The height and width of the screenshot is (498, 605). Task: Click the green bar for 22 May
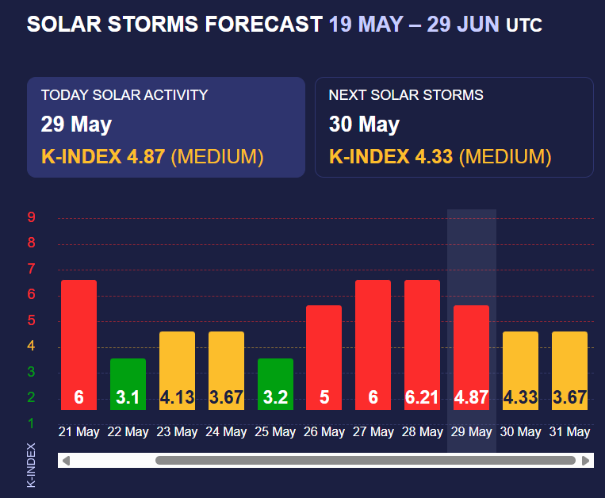click(x=128, y=384)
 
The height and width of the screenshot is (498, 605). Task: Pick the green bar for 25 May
click(x=275, y=384)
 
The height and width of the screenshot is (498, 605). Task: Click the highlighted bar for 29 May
click(x=471, y=357)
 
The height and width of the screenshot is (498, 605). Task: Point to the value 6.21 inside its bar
click(x=422, y=397)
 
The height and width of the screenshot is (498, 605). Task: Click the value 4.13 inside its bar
click(x=177, y=397)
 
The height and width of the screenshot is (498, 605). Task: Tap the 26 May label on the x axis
click(x=324, y=432)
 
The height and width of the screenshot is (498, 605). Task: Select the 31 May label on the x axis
click(x=570, y=432)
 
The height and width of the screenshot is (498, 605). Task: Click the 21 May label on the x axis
click(x=78, y=432)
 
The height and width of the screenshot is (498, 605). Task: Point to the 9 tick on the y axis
click(x=31, y=217)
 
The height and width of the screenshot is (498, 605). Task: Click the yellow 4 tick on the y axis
click(x=31, y=347)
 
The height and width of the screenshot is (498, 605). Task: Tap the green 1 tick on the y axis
click(x=31, y=423)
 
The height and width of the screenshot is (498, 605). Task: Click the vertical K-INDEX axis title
click(x=32, y=464)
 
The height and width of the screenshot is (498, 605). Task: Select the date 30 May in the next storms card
click(x=364, y=125)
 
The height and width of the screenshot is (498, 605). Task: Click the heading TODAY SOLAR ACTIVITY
click(x=124, y=95)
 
